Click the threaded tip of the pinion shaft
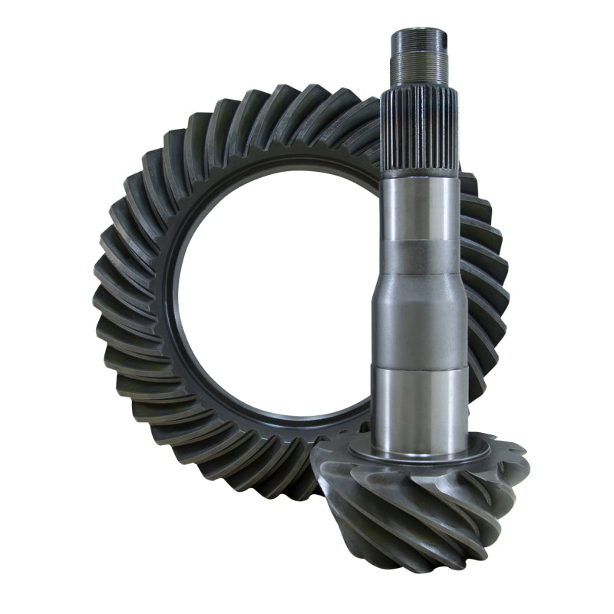coord(420,57)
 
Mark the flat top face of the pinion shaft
coord(420,32)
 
